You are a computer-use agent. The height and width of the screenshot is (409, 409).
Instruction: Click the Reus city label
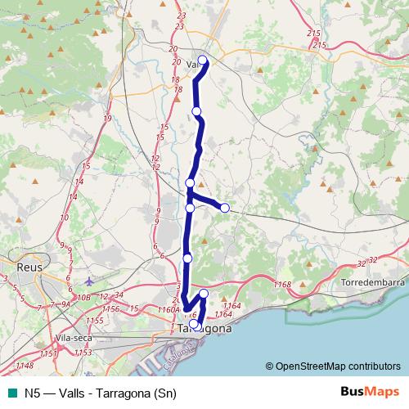(33, 267)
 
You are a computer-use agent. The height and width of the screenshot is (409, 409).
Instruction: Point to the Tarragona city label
(204, 329)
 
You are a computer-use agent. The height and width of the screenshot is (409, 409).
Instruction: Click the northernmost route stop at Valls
(204, 59)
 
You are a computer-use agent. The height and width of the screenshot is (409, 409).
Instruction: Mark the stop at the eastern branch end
(225, 207)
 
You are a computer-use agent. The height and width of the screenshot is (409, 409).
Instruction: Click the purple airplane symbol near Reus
(88, 282)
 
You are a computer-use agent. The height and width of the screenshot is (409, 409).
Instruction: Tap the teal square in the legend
(11, 392)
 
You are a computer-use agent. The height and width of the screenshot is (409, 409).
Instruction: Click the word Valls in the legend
(69, 392)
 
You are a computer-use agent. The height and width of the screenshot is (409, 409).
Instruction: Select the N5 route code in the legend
(32, 392)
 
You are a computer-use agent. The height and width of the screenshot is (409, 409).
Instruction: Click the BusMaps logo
(366, 391)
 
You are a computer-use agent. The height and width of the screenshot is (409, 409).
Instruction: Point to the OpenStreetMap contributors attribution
(337, 366)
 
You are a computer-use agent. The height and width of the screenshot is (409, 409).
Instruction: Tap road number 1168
(284, 284)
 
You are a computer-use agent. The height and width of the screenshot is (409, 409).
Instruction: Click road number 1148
(25, 365)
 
